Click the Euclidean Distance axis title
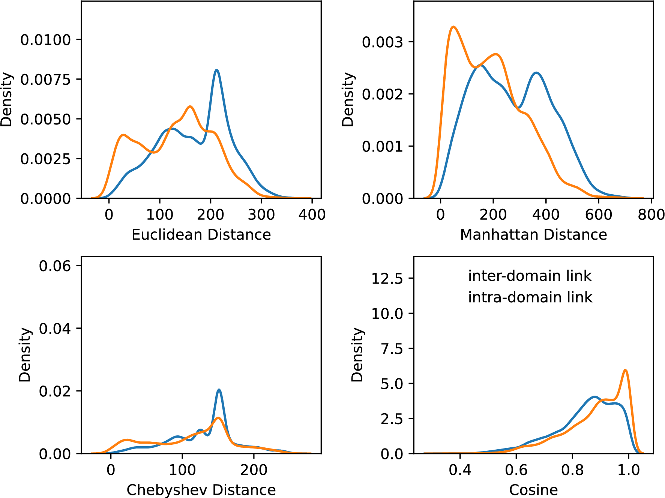point(201,235)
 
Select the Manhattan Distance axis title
point(533,235)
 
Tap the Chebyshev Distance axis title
point(201,490)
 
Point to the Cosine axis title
point(533,490)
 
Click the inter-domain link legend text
point(530,276)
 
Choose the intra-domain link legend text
point(530,297)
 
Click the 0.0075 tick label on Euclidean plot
point(45,79)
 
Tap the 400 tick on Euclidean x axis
point(312,215)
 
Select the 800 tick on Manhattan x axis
point(651,215)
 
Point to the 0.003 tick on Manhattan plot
point(382,42)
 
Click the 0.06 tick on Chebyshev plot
point(55,266)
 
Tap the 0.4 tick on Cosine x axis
point(460,470)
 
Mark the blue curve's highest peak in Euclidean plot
point(216,70)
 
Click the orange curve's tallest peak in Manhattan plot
point(453,27)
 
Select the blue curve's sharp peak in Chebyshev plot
point(219,390)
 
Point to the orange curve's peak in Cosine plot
point(625,370)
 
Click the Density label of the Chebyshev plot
point(25,355)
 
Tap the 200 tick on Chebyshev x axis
point(254,470)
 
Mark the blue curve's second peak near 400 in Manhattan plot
point(536,73)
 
